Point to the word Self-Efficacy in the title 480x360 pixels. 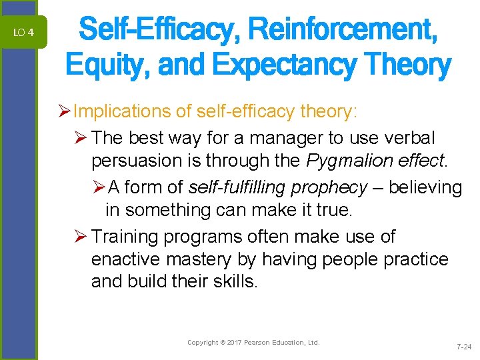click(156, 30)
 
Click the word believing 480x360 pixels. click(425, 188)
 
